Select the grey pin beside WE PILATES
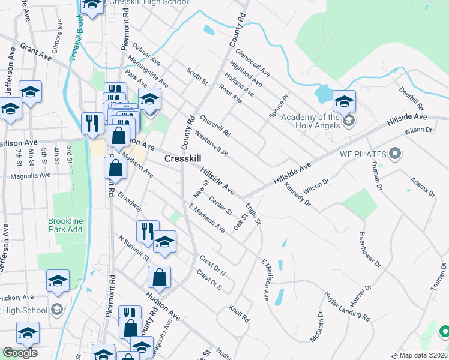pos(394,154)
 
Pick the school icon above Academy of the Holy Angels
pos(344,101)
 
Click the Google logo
pos(19,353)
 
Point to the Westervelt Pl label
pos(211,145)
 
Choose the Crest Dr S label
pos(209,282)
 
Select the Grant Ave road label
pos(36,51)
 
